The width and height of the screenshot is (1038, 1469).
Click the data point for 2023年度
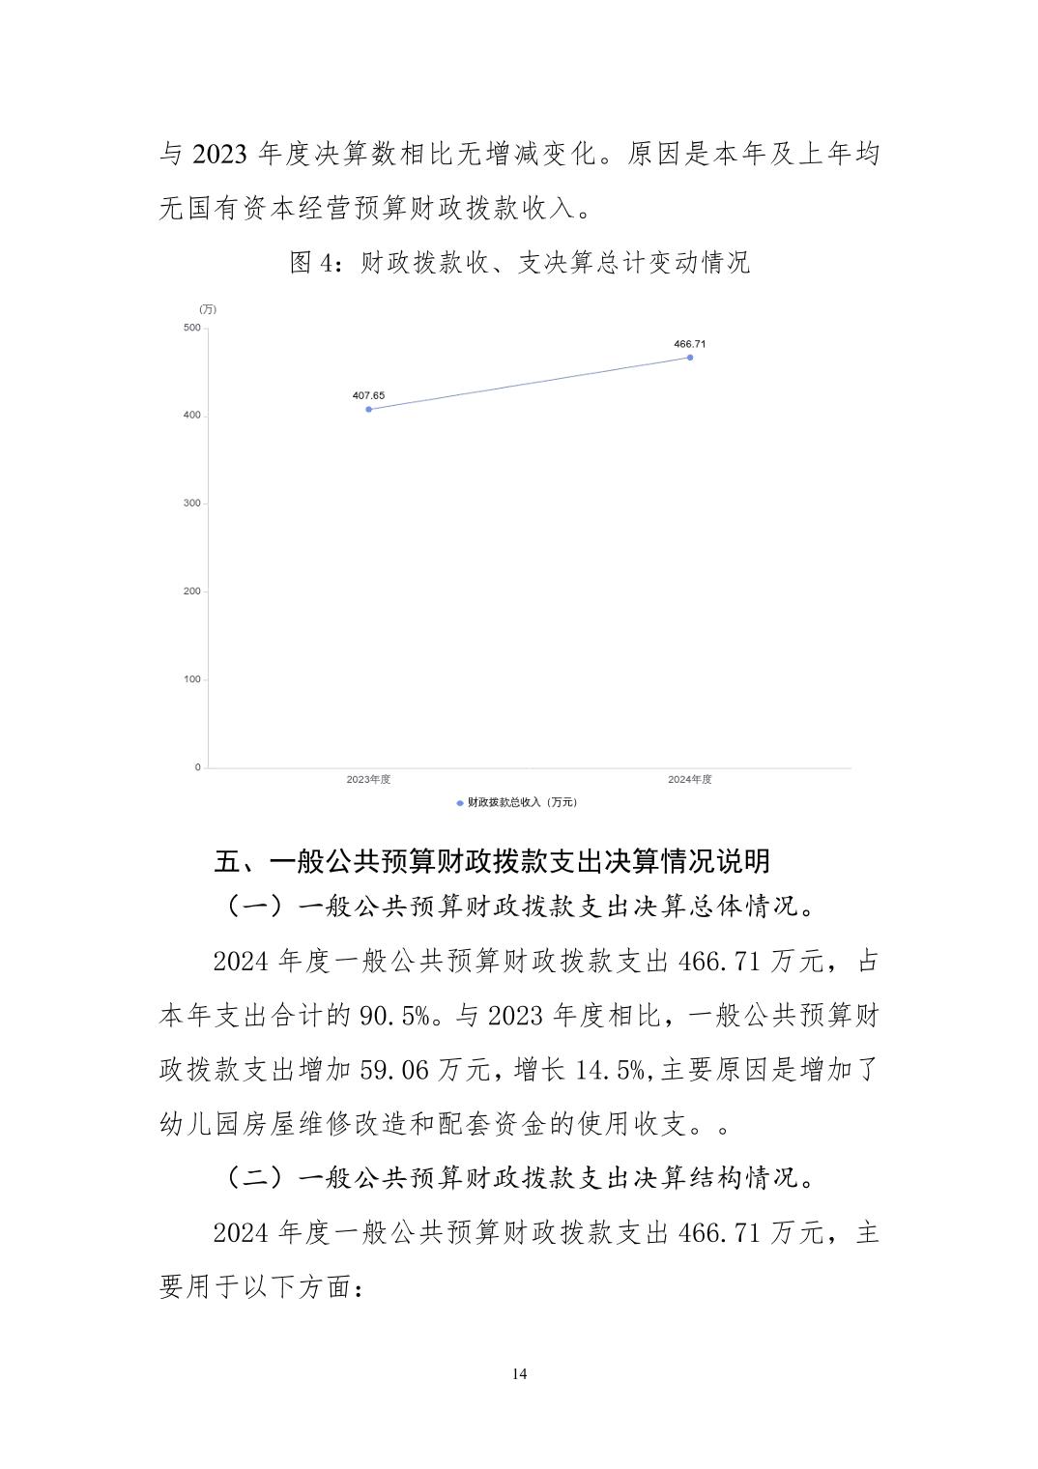(x=368, y=409)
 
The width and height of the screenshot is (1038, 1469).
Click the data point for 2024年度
(x=690, y=358)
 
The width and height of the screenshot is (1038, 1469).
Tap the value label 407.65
(x=368, y=395)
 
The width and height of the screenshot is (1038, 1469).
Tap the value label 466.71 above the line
(x=690, y=344)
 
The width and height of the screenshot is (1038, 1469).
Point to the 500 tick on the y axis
(x=191, y=328)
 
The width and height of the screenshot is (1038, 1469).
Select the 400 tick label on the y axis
(x=191, y=416)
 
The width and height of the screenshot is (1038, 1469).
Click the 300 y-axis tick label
(x=191, y=504)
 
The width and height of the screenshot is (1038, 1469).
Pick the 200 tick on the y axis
(x=191, y=591)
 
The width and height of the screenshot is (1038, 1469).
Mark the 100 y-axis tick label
(x=191, y=679)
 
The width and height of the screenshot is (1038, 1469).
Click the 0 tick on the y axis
(x=197, y=767)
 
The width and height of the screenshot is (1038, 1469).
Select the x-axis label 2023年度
(x=368, y=779)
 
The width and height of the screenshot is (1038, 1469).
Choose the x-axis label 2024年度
(x=690, y=779)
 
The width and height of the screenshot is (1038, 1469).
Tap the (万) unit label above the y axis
(x=208, y=309)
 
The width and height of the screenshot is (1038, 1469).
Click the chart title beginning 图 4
(x=520, y=263)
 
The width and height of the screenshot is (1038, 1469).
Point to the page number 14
(x=520, y=1374)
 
